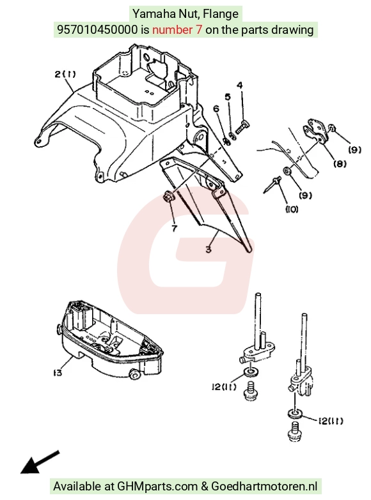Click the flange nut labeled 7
point(168,197)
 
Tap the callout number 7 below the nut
point(174,229)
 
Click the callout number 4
point(240,85)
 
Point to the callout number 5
point(228,96)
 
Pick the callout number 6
point(216,109)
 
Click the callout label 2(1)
point(65,74)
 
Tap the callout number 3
point(209,249)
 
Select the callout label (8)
point(340,163)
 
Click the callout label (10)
point(292,209)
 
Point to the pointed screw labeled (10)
point(272,185)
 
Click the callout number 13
point(58,372)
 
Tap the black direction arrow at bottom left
point(40,462)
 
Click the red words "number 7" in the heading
point(177,29)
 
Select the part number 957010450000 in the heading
point(97,29)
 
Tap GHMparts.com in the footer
point(157,487)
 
